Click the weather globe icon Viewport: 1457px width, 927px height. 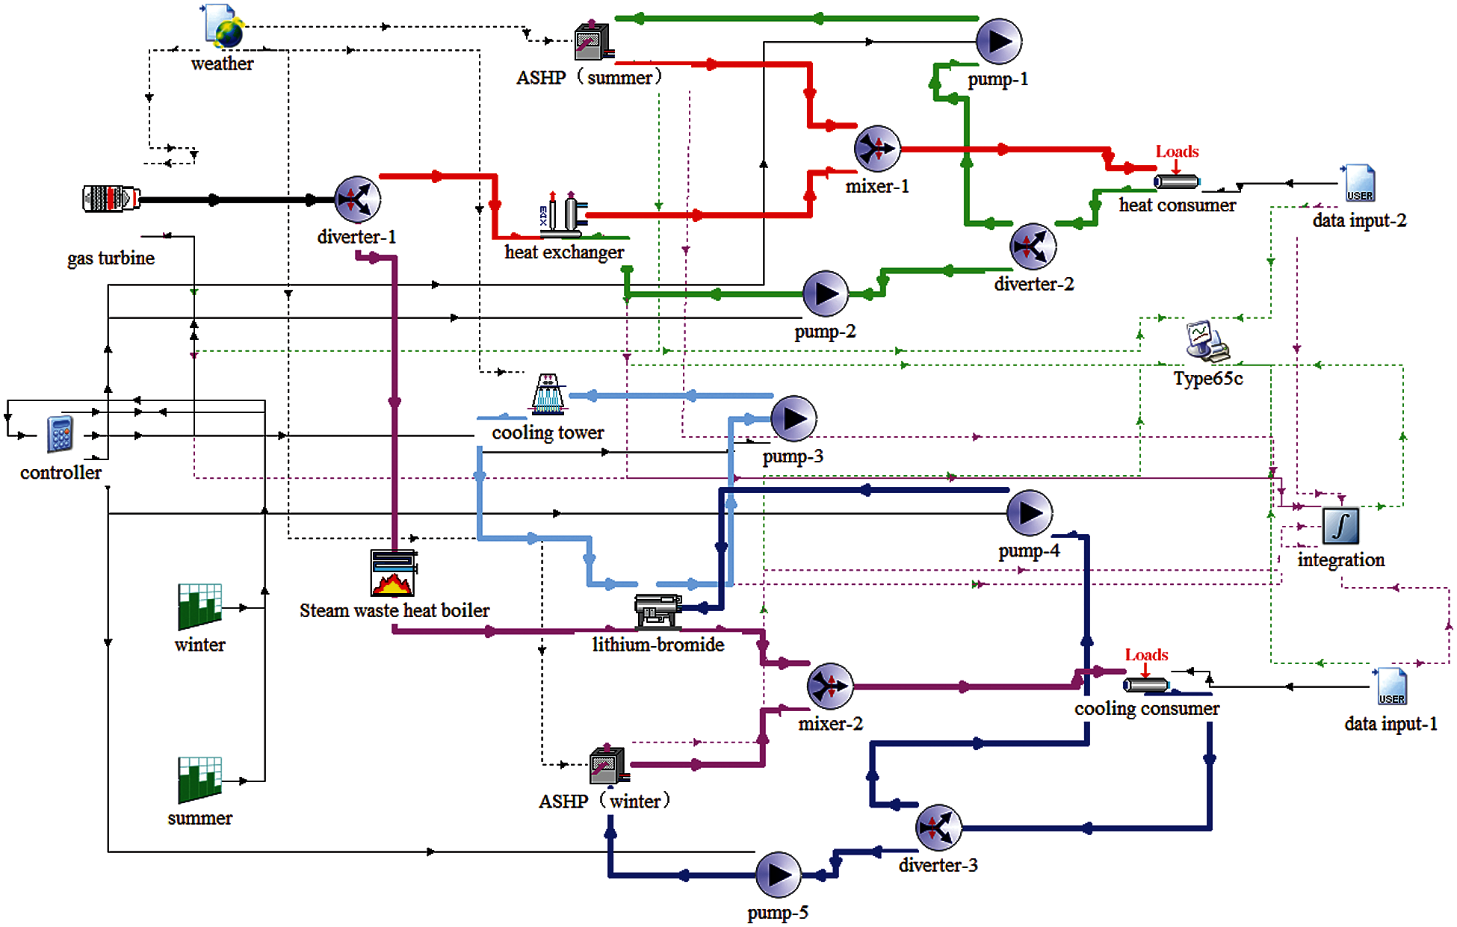pyautogui.click(x=223, y=27)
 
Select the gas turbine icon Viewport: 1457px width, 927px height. pyautogui.click(x=111, y=199)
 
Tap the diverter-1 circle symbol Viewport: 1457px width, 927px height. pyautogui.click(x=357, y=199)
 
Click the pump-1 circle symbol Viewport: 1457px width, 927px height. pyautogui.click(x=999, y=42)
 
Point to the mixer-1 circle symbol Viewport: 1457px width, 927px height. pyautogui.click(x=877, y=149)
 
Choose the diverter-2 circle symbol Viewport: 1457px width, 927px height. pyautogui.click(x=1033, y=247)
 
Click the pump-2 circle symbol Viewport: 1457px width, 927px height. pyautogui.click(x=826, y=294)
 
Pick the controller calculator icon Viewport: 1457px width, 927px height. pyautogui.click(x=60, y=434)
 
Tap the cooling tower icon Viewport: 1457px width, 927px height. pyautogui.click(x=548, y=394)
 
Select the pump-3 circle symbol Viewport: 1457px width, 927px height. pyautogui.click(x=794, y=419)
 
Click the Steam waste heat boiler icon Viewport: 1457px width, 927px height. pyautogui.click(x=393, y=573)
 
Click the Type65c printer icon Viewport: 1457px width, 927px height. pyautogui.click(x=1206, y=341)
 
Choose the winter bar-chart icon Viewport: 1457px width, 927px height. pyautogui.click(x=199, y=607)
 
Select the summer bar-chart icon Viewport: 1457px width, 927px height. pyautogui.click(x=199, y=780)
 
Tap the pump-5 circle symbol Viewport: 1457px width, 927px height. pyautogui.click(x=779, y=875)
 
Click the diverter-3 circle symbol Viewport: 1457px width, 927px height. pyautogui.click(x=938, y=828)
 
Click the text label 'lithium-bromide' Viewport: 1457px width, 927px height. pyautogui.click(x=658, y=645)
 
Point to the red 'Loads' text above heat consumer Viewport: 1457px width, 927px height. pyautogui.click(x=1177, y=152)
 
